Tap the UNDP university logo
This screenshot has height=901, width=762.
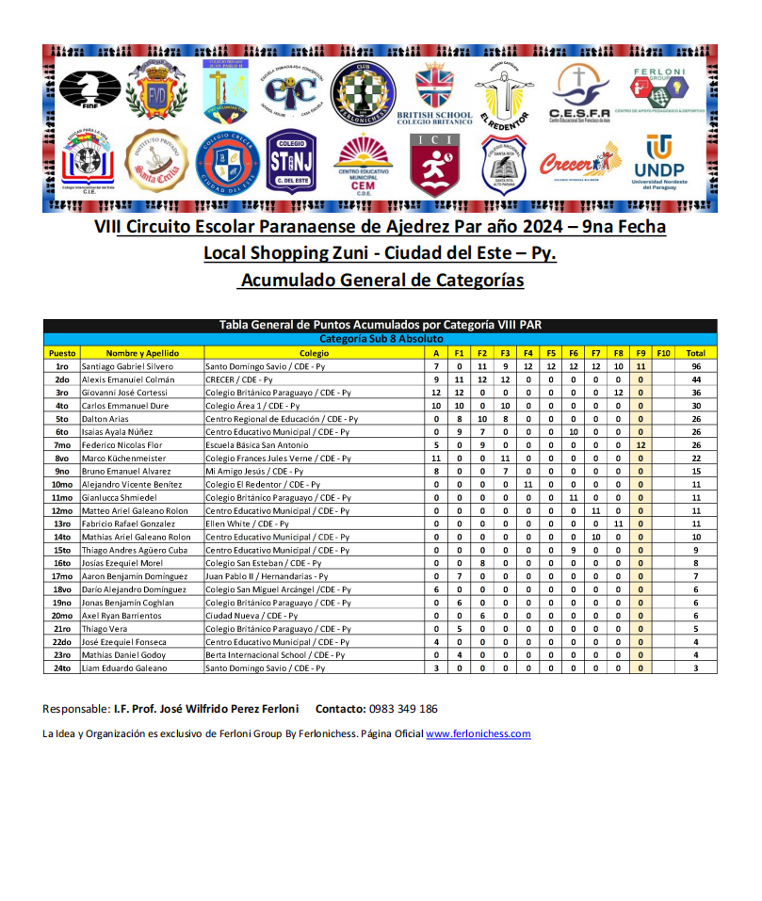pyautogui.click(x=658, y=161)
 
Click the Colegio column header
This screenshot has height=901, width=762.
pyautogui.click(x=315, y=353)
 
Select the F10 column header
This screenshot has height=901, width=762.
pyautogui.click(x=663, y=353)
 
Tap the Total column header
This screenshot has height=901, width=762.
pyautogui.click(x=696, y=353)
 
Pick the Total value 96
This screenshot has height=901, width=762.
pyautogui.click(x=696, y=366)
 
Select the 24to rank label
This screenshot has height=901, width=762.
pyautogui.click(x=62, y=668)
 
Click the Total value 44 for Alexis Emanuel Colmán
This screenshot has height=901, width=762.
pyautogui.click(x=696, y=379)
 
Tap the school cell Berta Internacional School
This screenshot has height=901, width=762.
pyautogui.click(x=276, y=654)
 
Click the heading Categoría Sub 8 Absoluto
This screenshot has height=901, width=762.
pyautogui.click(x=380, y=339)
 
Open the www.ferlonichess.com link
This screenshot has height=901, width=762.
pyautogui.click(x=478, y=733)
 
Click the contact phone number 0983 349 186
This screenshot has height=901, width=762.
pyautogui.click(x=402, y=709)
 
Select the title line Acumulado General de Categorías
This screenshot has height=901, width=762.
pyautogui.click(x=381, y=281)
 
